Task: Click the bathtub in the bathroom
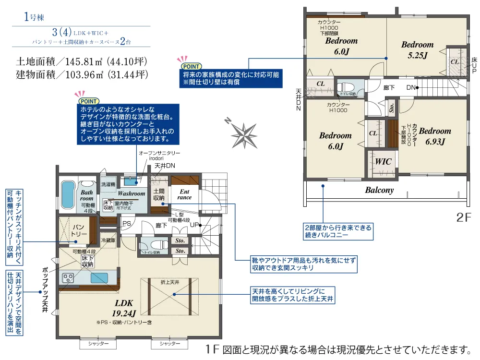(67, 195)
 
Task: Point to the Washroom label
(131, 193)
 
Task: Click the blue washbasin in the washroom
(130, 181)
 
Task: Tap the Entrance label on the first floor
(184, 194)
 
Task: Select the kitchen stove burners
(67, 278)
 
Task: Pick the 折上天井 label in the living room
(170, 282)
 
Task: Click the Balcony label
(379, 190)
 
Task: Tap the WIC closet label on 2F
(383, 162)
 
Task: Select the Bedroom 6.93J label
(435, 136)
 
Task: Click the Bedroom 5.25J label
(417, 49)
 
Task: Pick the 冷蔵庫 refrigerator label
(108, 240)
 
